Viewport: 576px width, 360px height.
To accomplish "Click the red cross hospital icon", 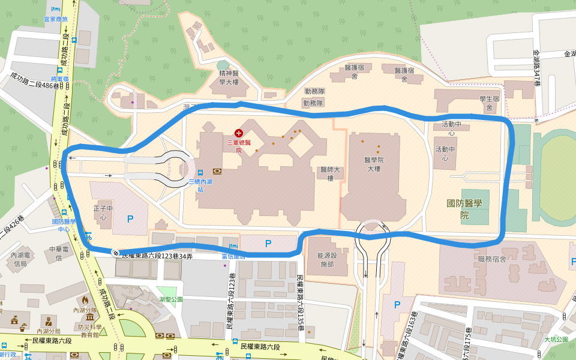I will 239,133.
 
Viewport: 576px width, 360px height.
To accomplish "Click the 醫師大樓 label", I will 330,173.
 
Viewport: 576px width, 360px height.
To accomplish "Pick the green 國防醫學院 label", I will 464,209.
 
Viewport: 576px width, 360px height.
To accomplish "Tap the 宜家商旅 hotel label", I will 56,19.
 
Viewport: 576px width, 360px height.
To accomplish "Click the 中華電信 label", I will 55,253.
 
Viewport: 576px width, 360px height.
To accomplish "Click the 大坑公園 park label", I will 556,339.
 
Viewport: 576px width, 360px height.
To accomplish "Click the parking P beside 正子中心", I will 130,220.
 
